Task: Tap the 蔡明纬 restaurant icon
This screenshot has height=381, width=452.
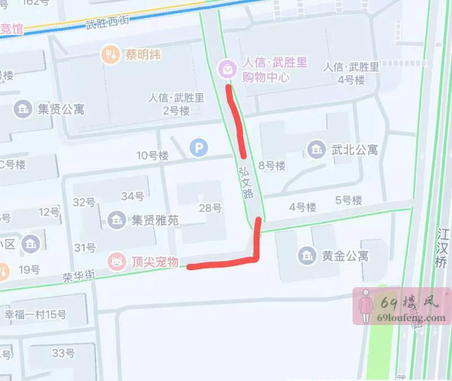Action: tap(110, 55)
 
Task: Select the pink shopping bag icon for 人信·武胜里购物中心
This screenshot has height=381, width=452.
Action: tap(227, 69)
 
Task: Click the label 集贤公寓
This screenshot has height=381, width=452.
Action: tap(60, 109)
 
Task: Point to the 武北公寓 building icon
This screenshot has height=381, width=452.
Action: tap(315, 150)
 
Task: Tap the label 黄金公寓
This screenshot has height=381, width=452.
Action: tap(345, 256)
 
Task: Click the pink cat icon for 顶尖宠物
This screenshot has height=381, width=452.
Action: tap(117, 262)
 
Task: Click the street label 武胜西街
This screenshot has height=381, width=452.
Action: tap(107, 23)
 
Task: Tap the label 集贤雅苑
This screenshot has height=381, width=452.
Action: tap(155, 220)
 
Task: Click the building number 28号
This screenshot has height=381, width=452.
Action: tap(210, 208)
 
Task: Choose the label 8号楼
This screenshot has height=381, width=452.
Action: tap(272, 166)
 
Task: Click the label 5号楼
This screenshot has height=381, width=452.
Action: tap(348, 200)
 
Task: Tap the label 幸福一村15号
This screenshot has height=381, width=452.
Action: tap(35, 314)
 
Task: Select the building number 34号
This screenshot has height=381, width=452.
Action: tap(132, 196)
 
